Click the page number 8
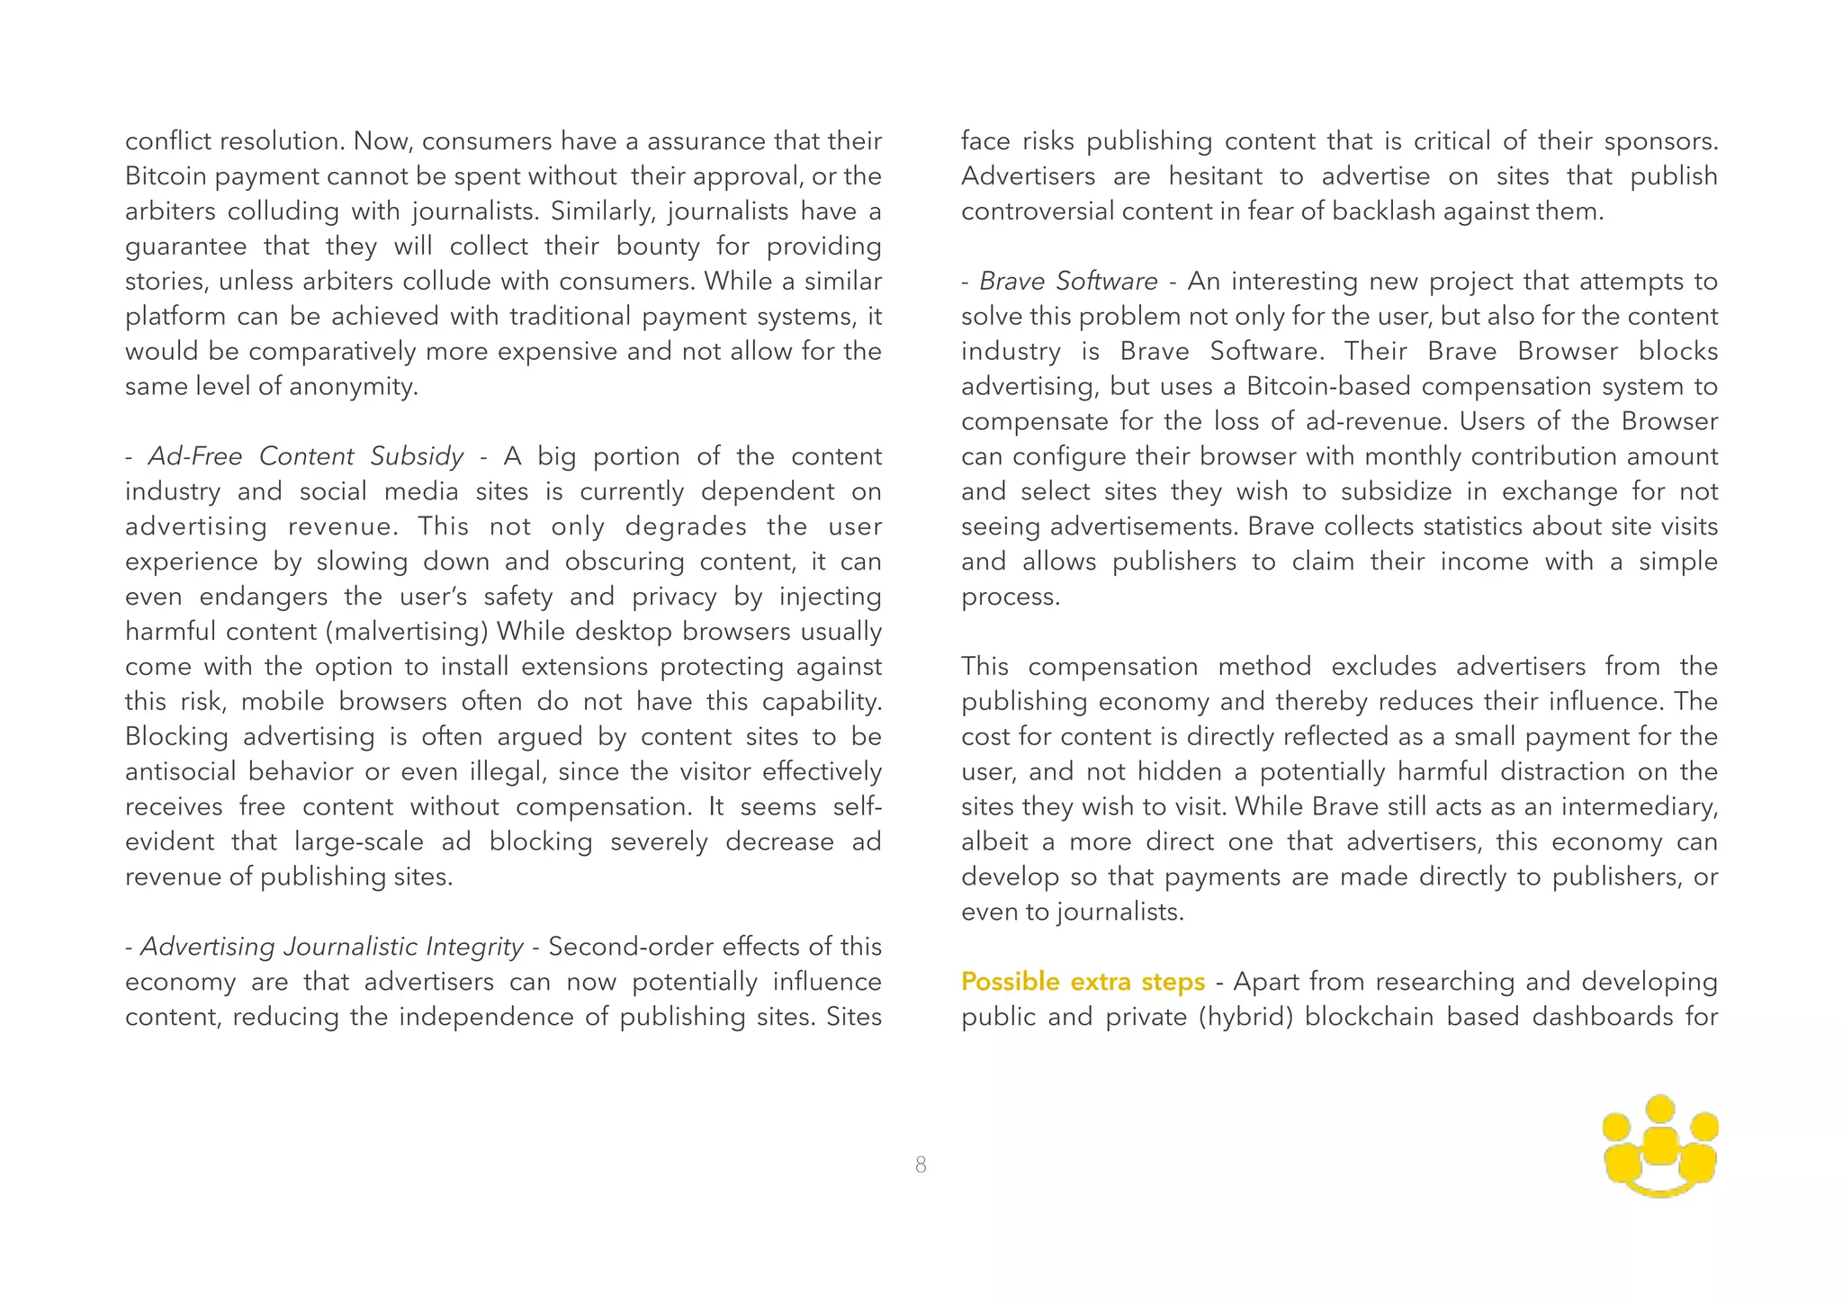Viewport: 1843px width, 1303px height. pyautogui.click(x=921, y=1164)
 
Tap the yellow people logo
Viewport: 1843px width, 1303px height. pyautogui.click(x=1660, y=1146)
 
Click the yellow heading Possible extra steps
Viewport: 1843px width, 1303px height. pyautogui.click(x=1083, y=981)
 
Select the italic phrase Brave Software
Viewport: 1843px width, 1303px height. pyautogui.click(x=1068, y=282)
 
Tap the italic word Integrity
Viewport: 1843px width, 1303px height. pyautogui.click(x=473, y=947)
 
